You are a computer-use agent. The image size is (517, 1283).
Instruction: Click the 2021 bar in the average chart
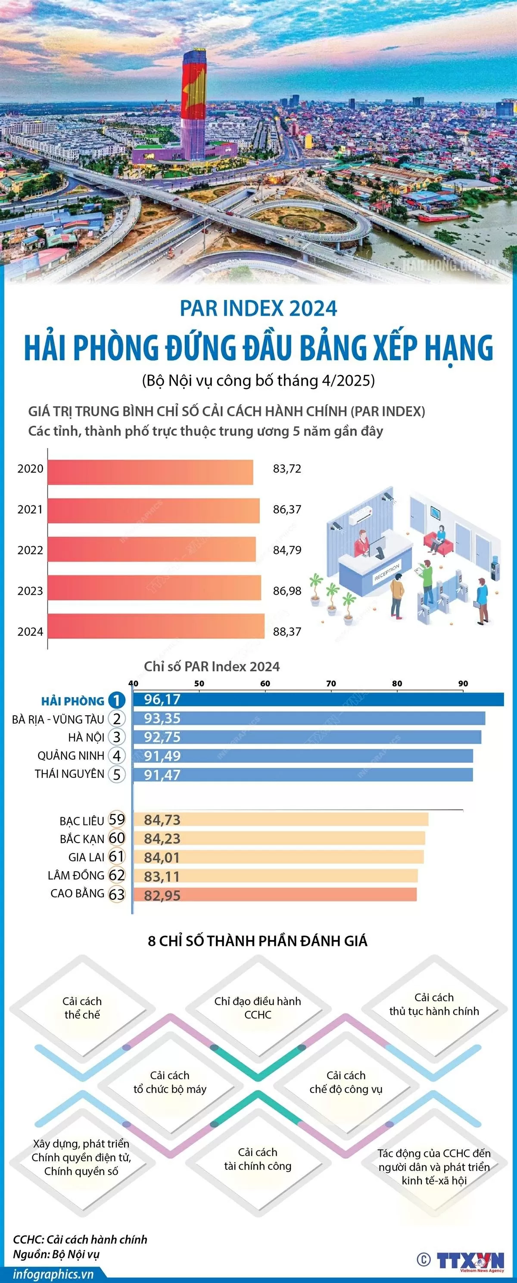click(x=153, y=510)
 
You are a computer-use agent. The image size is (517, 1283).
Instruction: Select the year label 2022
click(x=31, y=550)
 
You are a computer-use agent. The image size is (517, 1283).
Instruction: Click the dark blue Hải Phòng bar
click(x=319, y=699)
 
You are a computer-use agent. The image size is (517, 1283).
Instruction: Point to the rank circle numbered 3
click(x=117, y=737)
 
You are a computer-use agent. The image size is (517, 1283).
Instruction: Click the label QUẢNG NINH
click(x=71, y=756)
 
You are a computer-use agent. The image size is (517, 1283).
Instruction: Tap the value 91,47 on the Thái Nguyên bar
click(x=162, y=775)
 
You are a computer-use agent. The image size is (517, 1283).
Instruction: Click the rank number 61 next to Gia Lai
click(x=117, y=856)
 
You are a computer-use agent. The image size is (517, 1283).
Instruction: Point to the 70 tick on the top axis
click(x=331, y=683)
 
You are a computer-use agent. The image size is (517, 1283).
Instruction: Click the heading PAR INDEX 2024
click(x=258, y=309)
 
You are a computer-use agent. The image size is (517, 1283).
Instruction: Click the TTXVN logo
click(x=470, y=1260)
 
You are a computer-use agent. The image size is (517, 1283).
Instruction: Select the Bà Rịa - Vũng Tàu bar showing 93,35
click(x=309, y=718)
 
